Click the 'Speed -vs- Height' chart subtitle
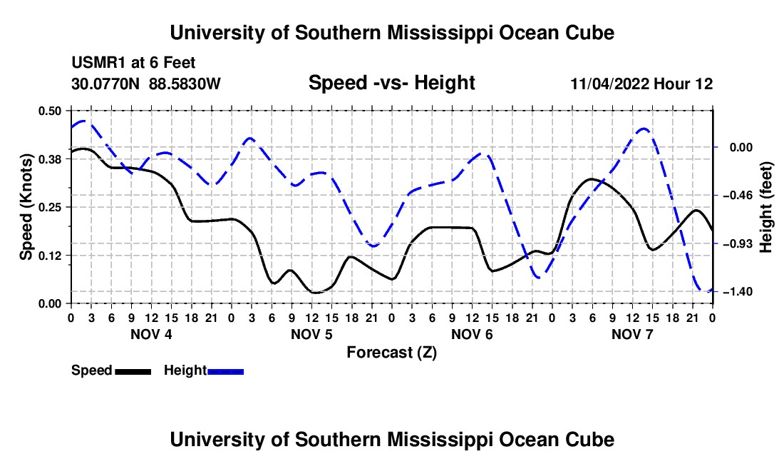pos(391,83)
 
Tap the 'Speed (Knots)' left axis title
pos(26,207)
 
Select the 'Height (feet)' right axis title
pos(765,207)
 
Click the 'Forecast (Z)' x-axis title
pos(391,353)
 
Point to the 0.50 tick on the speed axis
pos(49,111)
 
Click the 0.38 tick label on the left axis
pos(49,159)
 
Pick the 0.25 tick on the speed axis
pos(49,207)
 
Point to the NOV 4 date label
pos(151,334)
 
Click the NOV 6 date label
pos(472,334)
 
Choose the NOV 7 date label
pos(632,334)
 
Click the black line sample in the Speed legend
pos(133,372)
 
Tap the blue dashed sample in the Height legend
pos(225,372)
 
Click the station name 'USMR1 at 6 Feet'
pos(133,63)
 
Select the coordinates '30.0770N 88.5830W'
pos(146,84)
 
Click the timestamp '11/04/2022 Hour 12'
pos(641,84)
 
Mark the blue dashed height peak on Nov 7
pos(644,128)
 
